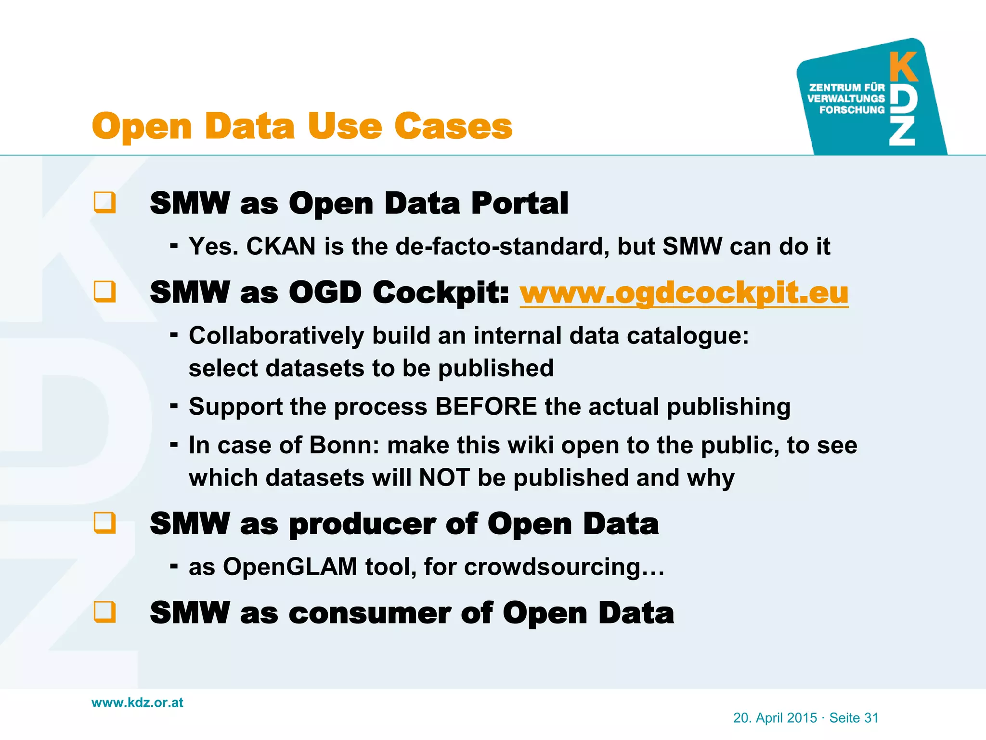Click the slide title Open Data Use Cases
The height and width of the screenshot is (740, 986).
302,126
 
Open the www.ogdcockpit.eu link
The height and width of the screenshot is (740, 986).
684,292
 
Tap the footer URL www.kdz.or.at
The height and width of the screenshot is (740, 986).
137,702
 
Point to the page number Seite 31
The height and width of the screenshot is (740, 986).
854,718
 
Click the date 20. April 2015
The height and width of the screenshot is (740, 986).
775,718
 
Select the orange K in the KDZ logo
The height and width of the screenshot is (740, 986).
903,67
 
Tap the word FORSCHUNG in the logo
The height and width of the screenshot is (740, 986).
852,110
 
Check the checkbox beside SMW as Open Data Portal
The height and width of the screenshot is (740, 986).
104,202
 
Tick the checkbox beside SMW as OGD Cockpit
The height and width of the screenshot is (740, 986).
104,291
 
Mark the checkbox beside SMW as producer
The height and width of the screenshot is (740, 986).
104,523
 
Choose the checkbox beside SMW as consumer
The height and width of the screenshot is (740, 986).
104,612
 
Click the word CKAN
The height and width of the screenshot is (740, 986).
281,246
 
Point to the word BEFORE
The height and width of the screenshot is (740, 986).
486,406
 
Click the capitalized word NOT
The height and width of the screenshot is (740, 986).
444,477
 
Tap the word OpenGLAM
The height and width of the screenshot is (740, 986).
290,566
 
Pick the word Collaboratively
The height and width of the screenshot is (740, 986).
276,335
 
